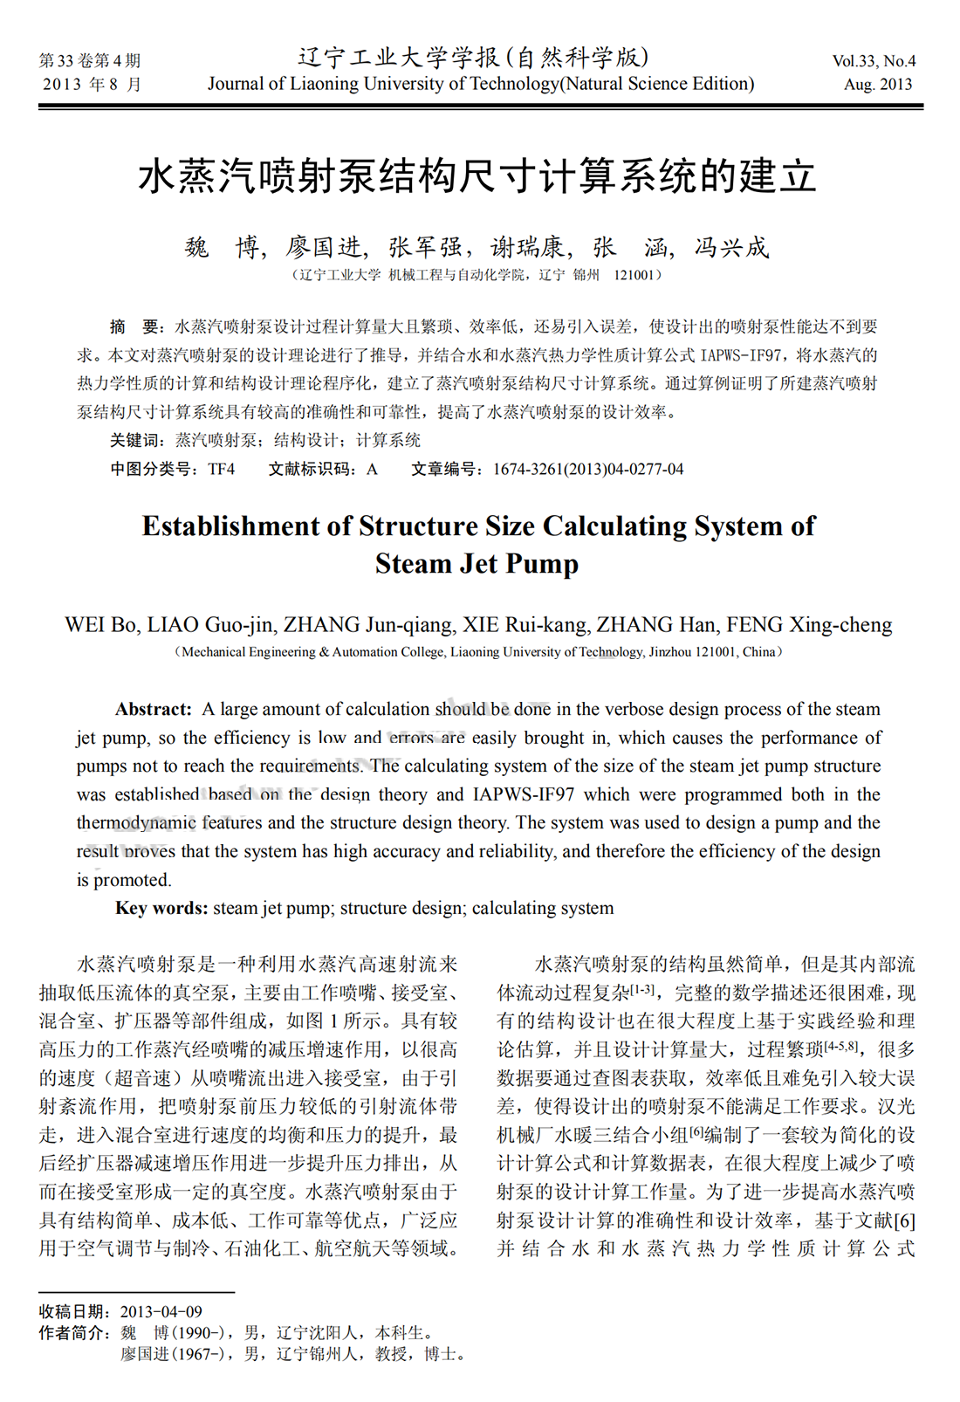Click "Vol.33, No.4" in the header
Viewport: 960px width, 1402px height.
(x=874, y=61)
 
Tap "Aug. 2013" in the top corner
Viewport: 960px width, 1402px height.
(x=877, y=85)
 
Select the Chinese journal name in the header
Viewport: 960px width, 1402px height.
(x=474, y=58)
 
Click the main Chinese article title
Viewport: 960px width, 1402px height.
(x=477, y=177)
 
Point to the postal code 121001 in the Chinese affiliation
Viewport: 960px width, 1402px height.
(x=634, y=275)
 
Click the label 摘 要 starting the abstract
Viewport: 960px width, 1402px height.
(x=135, y=327)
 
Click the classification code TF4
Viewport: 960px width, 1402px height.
(x=222, y=470)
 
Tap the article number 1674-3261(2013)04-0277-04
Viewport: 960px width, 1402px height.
(x=588, y=470)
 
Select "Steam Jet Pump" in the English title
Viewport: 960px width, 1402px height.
(x=477, y=564)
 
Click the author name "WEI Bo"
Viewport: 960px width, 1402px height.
(x=99, y=625)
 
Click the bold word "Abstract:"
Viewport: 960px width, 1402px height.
(x=154, y=709)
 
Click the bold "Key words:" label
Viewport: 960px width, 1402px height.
(x=161, y=908)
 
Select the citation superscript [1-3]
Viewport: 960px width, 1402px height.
(x=642, y=988)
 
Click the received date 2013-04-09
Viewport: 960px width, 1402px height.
(x=161, y=1311)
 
